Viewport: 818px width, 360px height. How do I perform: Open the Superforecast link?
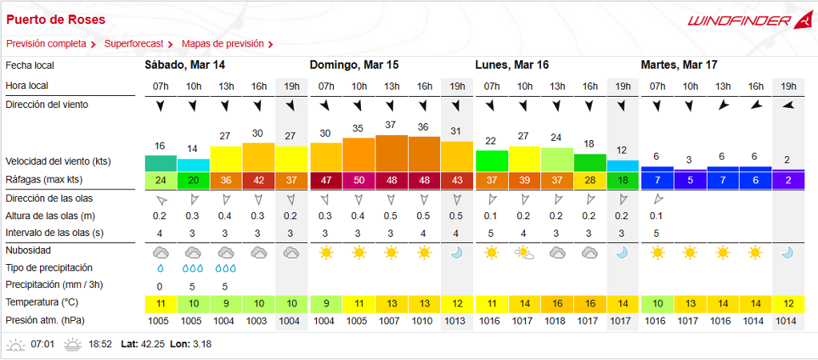point(134,44)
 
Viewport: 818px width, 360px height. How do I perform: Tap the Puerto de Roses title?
point(55,18)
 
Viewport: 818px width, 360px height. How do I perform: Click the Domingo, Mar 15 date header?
point(354,65)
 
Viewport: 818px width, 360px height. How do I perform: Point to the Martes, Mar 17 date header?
point(679,65)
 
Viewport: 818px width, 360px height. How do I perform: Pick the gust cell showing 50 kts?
point(359,180)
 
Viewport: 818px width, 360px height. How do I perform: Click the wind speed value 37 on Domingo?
point(391,125)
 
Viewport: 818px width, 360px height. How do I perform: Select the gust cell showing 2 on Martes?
point(788,180)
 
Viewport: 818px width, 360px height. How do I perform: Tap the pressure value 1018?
point(557,321)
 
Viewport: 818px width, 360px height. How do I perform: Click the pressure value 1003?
point(259,321)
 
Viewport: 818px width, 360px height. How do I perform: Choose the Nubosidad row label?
point(30,250)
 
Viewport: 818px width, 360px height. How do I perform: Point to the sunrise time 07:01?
point(42,345)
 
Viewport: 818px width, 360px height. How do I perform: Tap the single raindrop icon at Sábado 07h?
point(159,268)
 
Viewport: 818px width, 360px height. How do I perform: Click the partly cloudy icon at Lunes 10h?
point(524,252)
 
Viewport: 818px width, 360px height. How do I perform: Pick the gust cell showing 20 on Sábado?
point(193,180)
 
